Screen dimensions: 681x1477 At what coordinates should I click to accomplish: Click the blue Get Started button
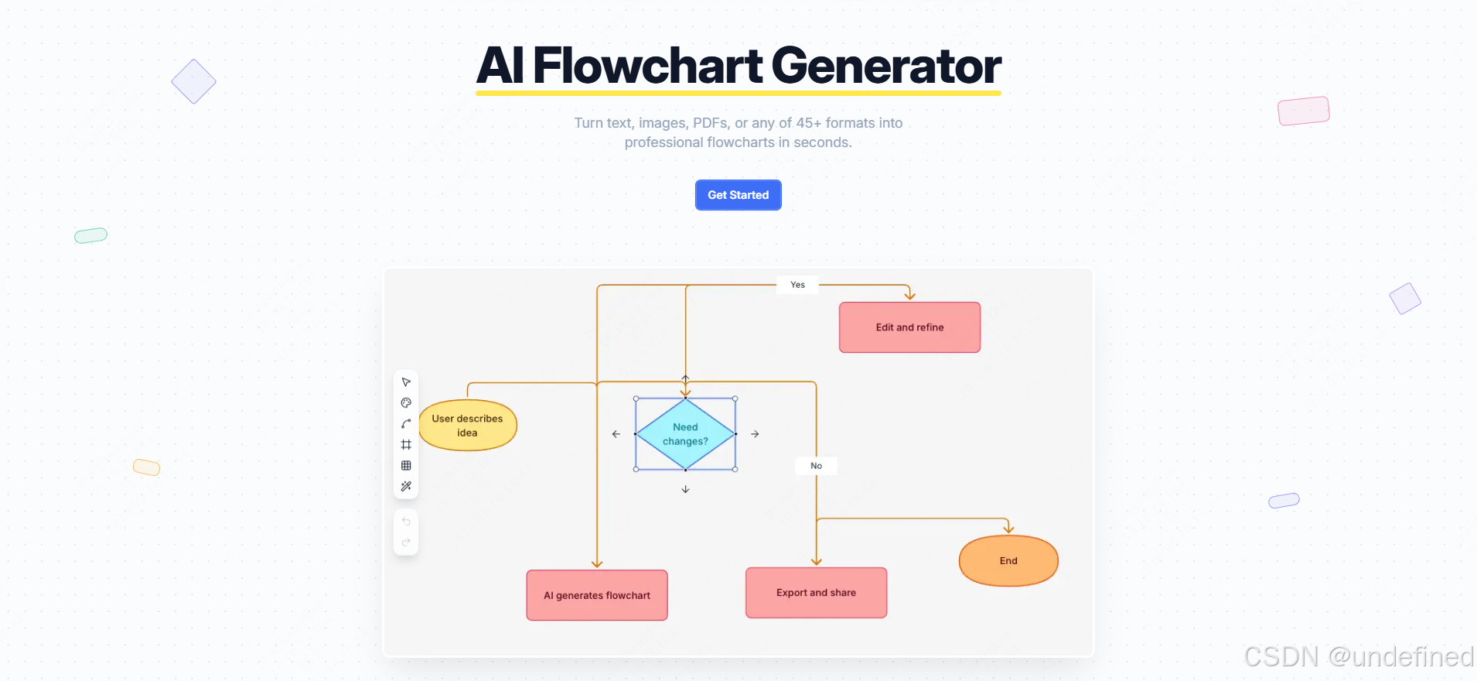point(738,195)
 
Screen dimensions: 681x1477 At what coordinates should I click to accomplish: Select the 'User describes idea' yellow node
point(468,426)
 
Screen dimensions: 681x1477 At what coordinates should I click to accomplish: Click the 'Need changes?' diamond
point(685,434)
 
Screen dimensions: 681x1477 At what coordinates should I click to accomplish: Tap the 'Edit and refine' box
point(909,327)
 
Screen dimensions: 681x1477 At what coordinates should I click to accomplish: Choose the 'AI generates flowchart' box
point(597,595)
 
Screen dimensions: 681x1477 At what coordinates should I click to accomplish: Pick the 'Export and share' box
point(816,593)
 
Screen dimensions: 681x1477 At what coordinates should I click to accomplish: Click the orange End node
point(1008,561)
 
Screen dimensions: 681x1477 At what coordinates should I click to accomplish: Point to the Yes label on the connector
point(797,285)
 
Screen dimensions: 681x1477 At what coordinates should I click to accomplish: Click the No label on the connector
point(816,466)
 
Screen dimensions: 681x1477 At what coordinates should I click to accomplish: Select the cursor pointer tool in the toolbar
point(406,382)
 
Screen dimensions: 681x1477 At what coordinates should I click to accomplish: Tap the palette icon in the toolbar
point(406,403)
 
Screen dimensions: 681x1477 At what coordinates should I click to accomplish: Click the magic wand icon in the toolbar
point(406,487)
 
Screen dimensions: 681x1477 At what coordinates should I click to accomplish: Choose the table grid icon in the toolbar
point(406,466)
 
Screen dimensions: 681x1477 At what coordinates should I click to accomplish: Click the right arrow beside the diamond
point(755,434)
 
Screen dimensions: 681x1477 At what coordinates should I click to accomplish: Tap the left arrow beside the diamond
point(616,434)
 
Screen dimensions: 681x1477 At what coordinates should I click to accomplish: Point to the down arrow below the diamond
point(685,489)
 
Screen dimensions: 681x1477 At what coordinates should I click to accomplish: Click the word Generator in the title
point(885,66)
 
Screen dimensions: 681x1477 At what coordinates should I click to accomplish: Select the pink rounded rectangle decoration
point(1304,111)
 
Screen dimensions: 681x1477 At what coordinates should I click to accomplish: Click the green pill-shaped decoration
point(90,235)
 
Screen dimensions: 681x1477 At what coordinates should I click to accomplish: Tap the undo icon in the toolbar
point(406,522)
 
